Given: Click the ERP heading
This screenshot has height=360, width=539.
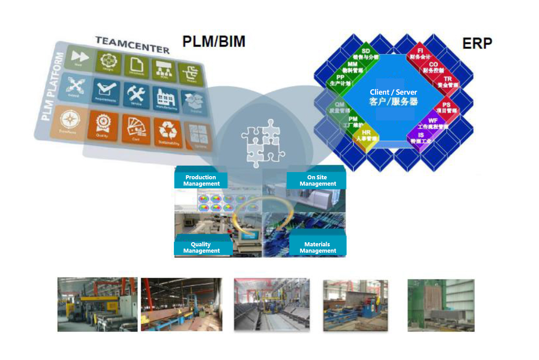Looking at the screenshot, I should (x=477, y=43).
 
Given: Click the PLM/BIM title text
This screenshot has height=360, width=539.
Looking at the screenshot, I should (x=214, y=41).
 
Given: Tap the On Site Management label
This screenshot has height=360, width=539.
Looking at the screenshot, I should (x=318, y=181).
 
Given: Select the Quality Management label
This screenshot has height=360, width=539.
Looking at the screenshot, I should (x=201, y=247).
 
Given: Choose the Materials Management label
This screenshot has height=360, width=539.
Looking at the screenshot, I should (x=318, y=247).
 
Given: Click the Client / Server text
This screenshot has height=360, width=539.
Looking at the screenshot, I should (x=393, y=92).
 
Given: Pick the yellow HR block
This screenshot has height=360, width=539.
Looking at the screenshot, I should (x=366, y=135).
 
